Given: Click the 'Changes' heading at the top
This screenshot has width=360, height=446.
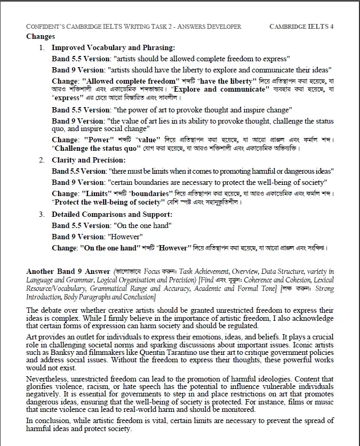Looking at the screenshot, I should click(41, 37).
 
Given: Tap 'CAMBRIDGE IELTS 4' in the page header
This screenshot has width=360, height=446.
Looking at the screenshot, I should click(301, 26).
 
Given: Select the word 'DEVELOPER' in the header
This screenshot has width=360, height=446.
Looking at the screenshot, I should click(223, 26).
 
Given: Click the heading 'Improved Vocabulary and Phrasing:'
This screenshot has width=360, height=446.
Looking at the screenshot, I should click(113, 47).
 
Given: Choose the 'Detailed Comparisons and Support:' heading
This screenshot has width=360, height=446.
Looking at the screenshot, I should click(112, 214).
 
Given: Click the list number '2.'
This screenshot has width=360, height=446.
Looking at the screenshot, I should click(42, 160).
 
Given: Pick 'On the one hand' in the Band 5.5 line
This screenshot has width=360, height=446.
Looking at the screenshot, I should click(140, 225).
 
